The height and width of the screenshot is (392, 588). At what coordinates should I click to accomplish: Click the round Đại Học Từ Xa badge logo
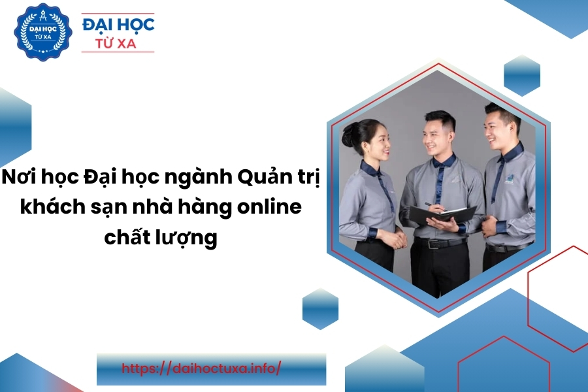(43, 32)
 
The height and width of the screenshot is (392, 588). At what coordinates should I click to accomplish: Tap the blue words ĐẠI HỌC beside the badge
(118, 24)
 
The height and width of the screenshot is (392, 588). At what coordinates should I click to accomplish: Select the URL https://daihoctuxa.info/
(201, 368)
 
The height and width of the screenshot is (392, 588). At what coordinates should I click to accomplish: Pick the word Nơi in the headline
(16, 177)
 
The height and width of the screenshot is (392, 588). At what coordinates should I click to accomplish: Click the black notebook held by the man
(442, 214)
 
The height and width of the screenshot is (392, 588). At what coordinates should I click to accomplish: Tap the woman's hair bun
(349, 135)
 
